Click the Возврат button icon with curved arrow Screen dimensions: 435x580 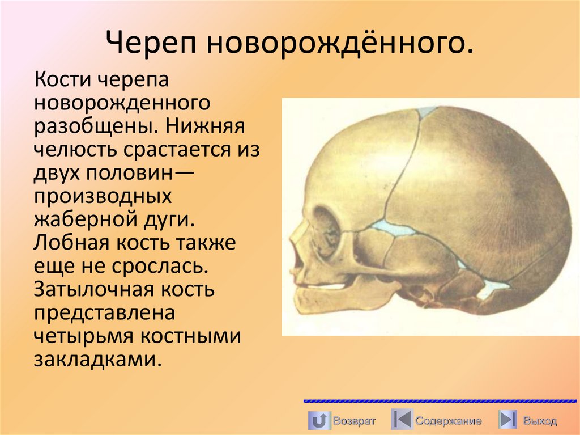(319, 420)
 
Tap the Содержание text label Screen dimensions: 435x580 (448, 421)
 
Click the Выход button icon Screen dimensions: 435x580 (507, 420)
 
